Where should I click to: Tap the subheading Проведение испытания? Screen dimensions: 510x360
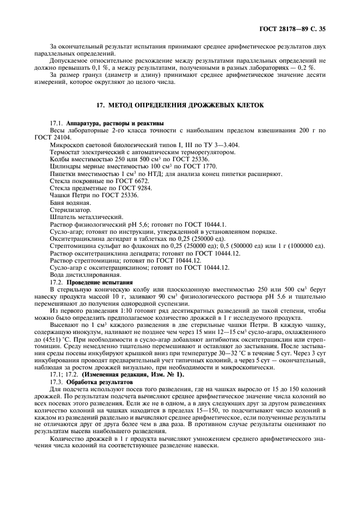click(99, 283)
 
